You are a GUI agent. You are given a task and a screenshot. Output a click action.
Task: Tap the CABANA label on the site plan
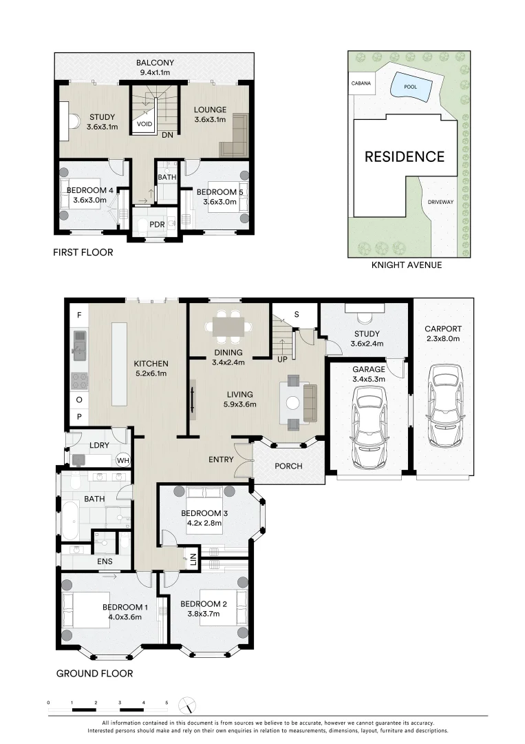coord(361,83)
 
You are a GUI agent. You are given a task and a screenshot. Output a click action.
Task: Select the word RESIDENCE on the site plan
coord(404,156)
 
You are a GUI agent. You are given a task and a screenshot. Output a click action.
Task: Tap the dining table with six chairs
coord(227,328)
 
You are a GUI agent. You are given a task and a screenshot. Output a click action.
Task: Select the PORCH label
coord(288,466)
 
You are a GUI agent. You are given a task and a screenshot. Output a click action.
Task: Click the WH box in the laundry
coord(123,460)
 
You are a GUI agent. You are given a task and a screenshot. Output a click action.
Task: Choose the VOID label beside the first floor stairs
coord(144,125)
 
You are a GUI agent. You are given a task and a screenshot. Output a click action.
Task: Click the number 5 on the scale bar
coord(167,703)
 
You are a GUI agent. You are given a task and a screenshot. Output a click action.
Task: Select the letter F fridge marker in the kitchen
coord(79,315)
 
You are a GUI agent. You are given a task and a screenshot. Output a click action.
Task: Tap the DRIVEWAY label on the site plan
coord(440,203)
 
